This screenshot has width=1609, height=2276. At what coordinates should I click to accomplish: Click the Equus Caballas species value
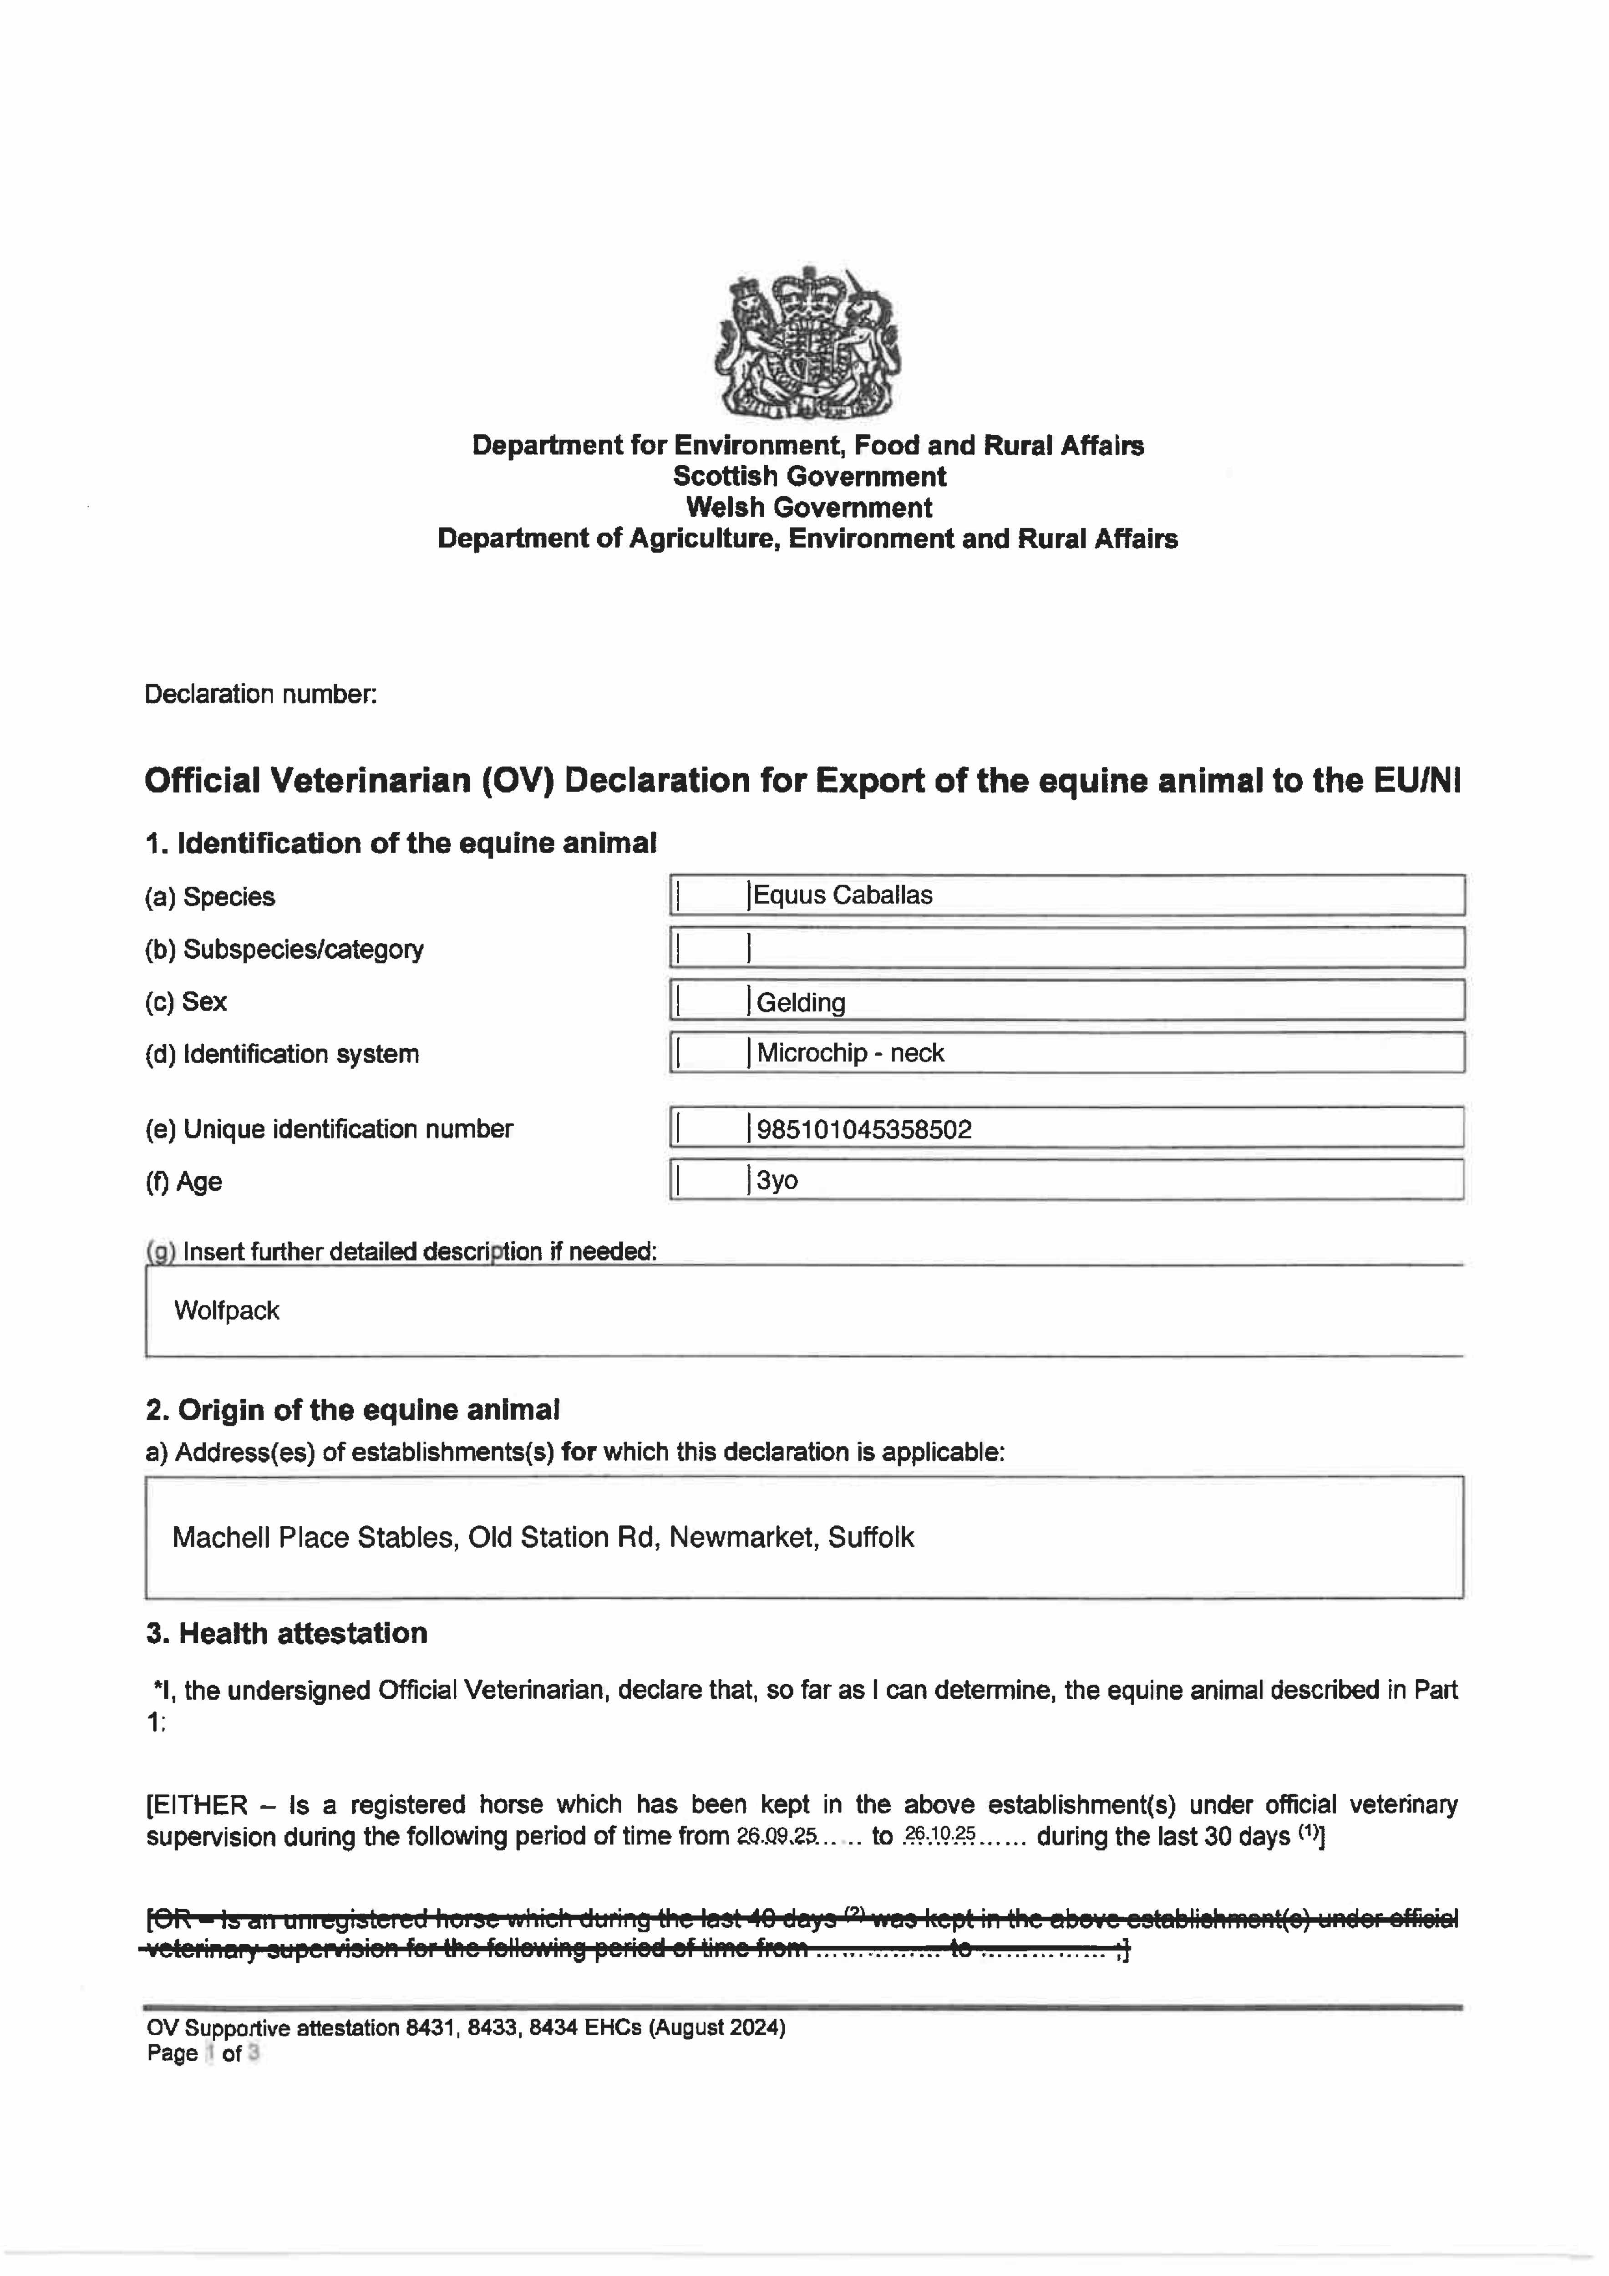click(x=843, y=895)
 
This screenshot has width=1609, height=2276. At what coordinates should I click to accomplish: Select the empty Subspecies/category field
click(x=1101, y=949)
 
